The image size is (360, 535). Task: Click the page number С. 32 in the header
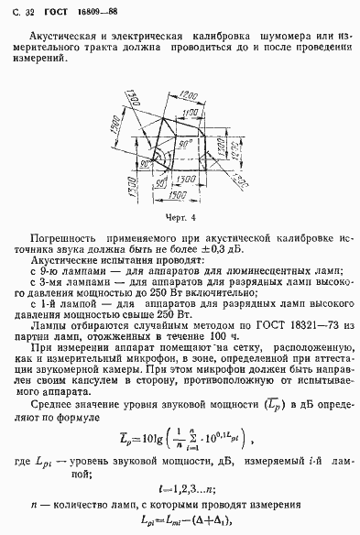(x=17, y=11)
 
